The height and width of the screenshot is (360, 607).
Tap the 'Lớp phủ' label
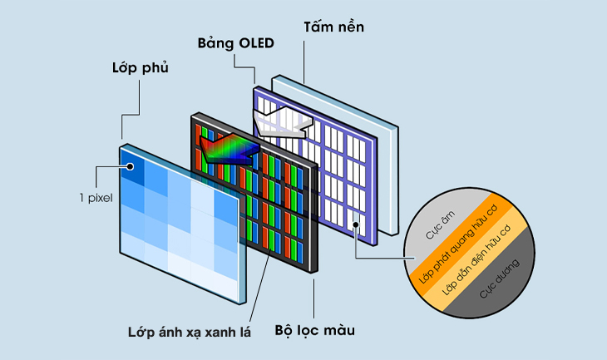(x=140, y=67)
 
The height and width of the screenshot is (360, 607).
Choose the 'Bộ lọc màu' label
(x=314, y=330)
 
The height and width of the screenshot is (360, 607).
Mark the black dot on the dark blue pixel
(x=131, y=168)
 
